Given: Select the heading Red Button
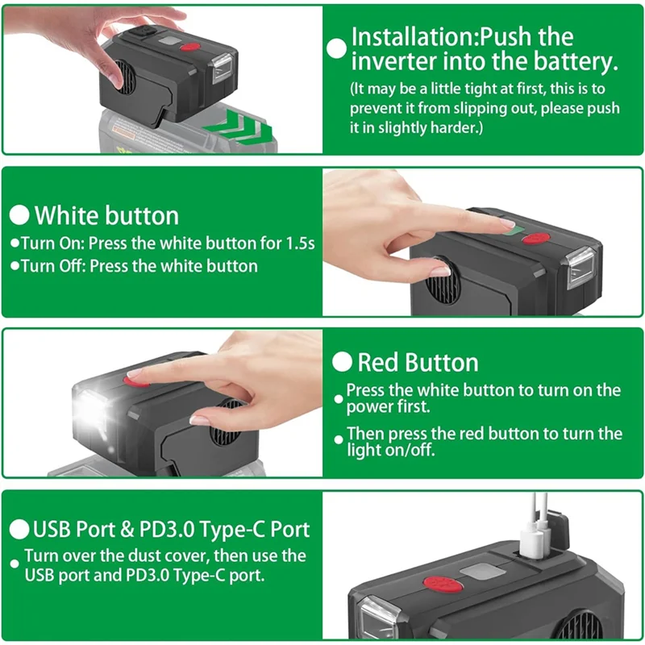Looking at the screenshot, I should (418, 362).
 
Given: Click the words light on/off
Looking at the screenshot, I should (390, 451).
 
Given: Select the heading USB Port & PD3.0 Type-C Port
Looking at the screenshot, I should (171, 530).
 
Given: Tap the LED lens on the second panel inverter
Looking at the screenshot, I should (580, 268).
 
